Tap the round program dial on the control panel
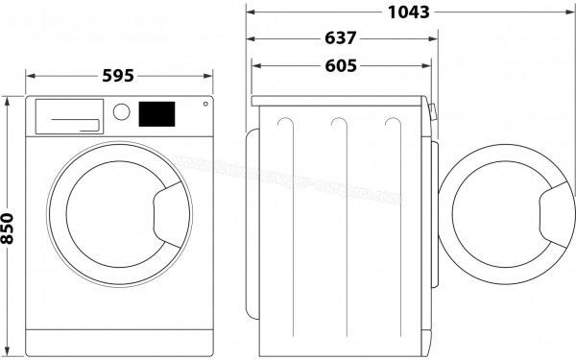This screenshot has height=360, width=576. click(121, 111)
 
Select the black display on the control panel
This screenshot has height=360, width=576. click(157, 113)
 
